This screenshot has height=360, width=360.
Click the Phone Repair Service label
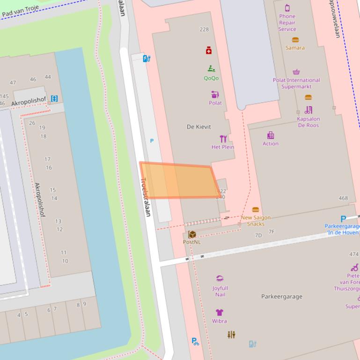click(x=287, y=22)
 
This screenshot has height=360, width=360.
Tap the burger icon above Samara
click(x=295, y=40)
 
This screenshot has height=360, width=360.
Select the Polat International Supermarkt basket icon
click(x=296, y=72)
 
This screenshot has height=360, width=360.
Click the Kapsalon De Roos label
click(x=308, y=122)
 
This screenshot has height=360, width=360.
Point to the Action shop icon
click(x=271, y=136)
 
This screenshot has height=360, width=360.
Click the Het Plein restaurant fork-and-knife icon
click(x=223, y=138)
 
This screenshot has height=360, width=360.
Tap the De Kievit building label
click(x=198, y=127)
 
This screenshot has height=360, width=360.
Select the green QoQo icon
click(x=211, y=69)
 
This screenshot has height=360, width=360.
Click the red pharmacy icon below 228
click(x=209, y=50)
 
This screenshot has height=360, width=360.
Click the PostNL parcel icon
click(x=192, y=234)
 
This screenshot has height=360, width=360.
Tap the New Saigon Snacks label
click(x=255, y=221)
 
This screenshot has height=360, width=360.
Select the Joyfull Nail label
click(x=220, y=291)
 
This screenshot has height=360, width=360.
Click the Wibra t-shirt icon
click(x=219, y=312)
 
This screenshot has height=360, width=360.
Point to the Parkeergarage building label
click(x=281, y=296)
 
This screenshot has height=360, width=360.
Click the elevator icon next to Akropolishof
click(x=54, y=98)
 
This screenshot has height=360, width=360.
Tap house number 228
click(x=204, y=29)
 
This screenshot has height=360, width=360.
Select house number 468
click(x=343, y=198)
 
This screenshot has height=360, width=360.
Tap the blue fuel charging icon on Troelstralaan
click(x=146, y=58)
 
